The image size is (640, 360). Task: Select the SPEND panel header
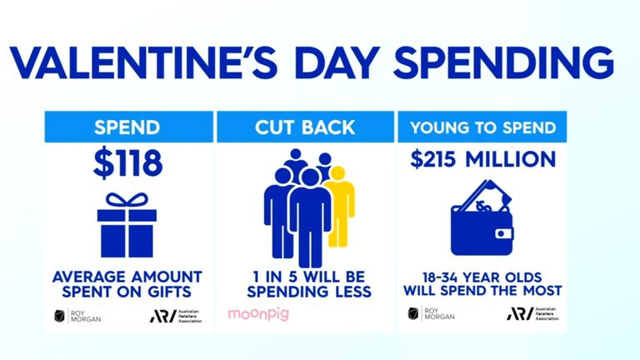[127, 127]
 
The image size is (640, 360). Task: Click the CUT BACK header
[306, 127]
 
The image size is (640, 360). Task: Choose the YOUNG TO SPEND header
[484, 127]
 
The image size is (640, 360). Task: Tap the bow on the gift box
[127, 200]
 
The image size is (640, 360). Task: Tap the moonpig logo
[256, 315]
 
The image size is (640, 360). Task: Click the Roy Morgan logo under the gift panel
[79, 315]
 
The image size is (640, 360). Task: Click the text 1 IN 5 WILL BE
[306, 276]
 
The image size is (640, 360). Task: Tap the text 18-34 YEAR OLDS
[483, 276]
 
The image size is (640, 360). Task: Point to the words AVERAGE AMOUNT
[127, 276]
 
